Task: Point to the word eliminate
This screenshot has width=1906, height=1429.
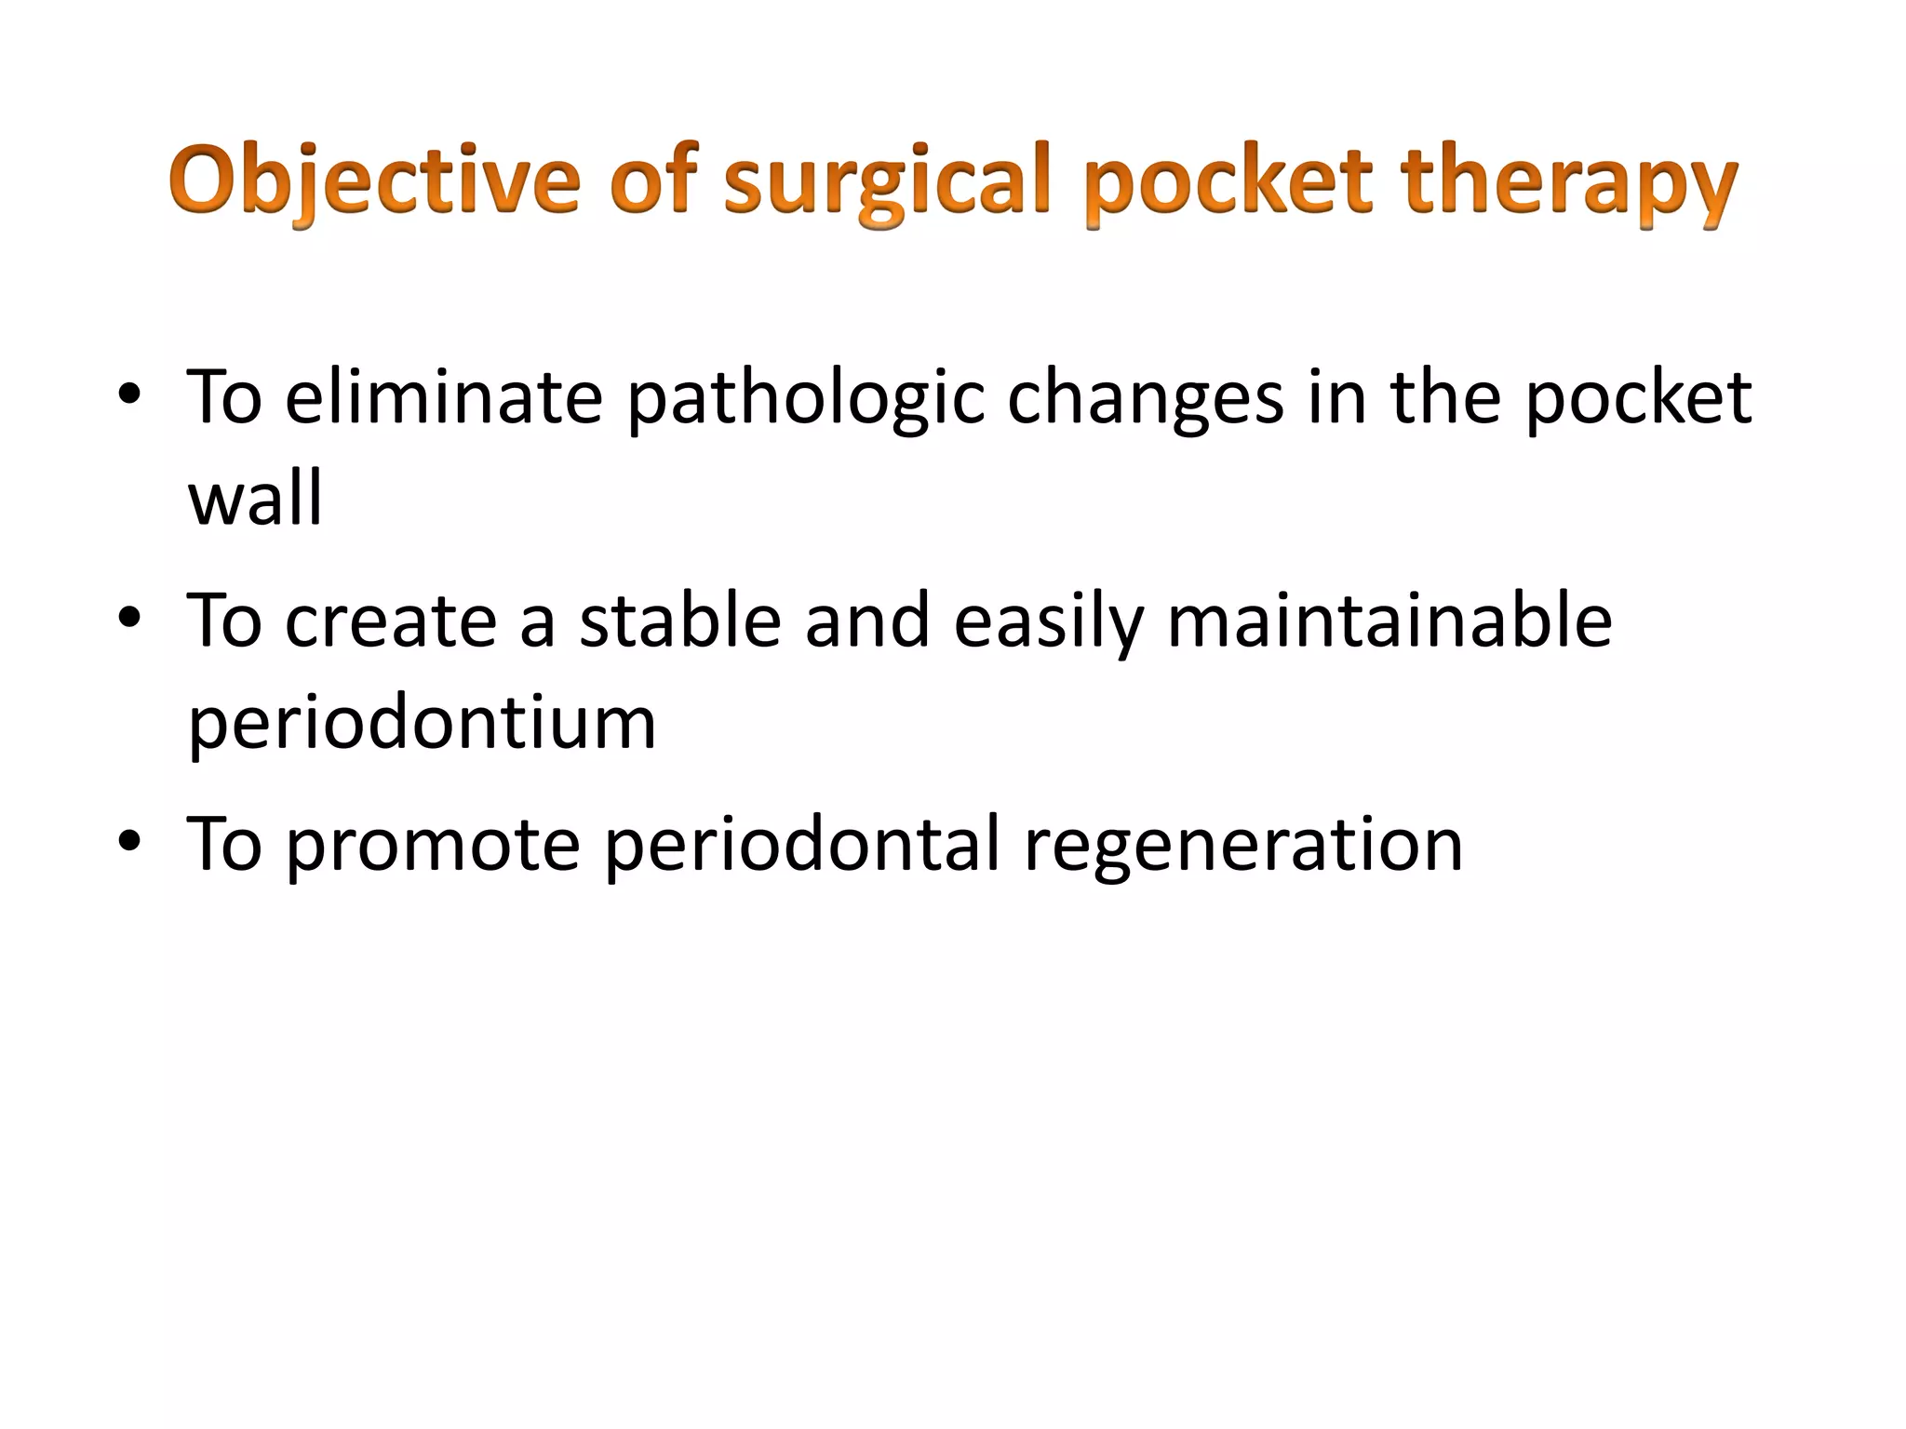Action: (x=444, y=397)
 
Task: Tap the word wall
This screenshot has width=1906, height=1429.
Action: (x=255, y=497)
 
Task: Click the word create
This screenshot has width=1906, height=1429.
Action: (x=391, y=621)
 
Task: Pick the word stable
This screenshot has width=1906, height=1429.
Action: (x=679, y=621)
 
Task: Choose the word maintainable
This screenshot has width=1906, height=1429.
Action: (x=1389, y=621)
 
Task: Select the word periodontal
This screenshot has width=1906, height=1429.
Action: (x=801, y=845)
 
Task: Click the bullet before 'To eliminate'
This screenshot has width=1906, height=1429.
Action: (x=129, y=395)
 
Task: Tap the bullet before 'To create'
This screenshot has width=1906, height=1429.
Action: (x=129, y=619)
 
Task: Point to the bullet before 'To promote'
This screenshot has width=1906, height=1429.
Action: (x=129, y=842)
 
